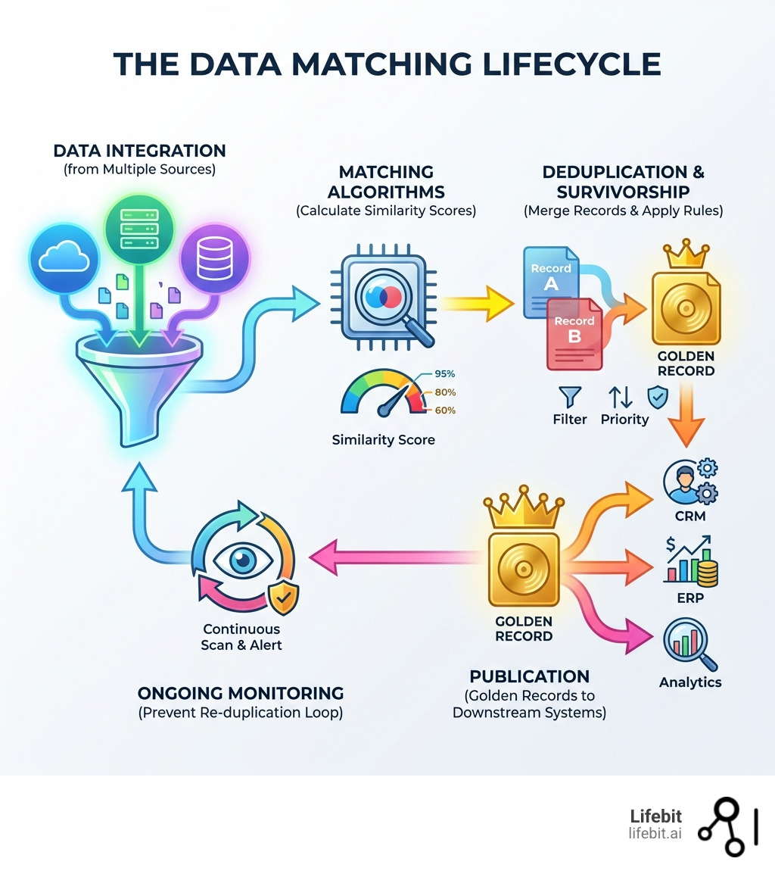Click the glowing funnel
coord(136,379)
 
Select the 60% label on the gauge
coord(445,410)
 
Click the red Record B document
coord(574,333)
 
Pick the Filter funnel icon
coord(570,396)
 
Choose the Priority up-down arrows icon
coord(620,396)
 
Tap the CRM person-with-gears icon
coord(689,482)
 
